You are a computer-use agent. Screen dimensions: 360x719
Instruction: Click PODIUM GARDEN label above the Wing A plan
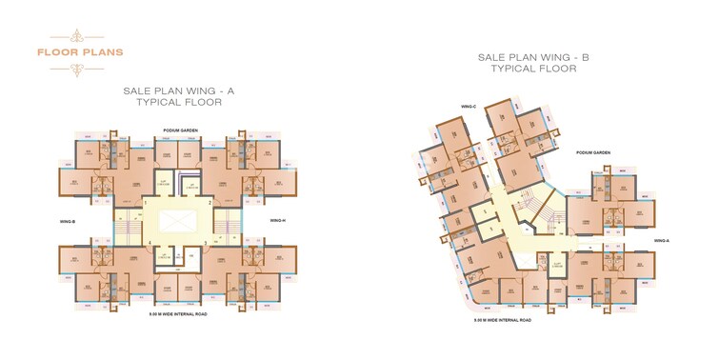point(179,130)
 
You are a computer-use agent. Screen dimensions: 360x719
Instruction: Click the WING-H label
point(278,221)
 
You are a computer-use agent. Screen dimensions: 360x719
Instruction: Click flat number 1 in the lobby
point(145,202)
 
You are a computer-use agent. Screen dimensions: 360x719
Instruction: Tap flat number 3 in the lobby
point(206,244)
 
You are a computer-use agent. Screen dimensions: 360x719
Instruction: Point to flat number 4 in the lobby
point(150,244)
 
